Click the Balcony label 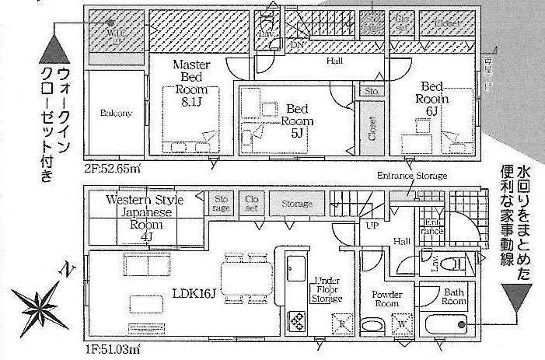coord(115,113)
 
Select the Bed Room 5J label coord(297,121)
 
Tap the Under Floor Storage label coord(327,289)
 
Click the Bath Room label coord(453,296)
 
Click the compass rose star coord(37,302)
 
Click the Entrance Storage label coord(412,176)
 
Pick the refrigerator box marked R coord(340,321)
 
